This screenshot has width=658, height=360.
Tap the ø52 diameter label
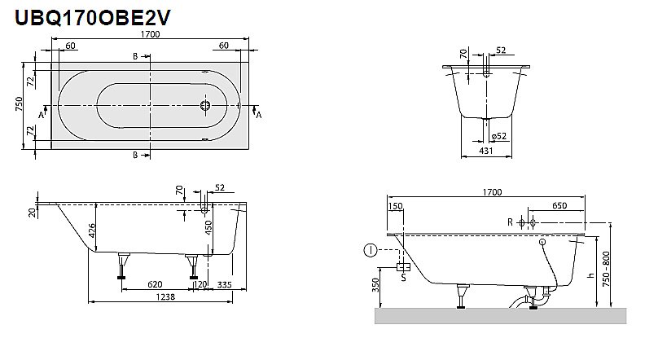point(499,135)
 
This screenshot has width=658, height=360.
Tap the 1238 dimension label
point(167,298)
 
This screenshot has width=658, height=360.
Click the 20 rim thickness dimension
point(31,212)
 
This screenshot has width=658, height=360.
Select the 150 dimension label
point(396,207)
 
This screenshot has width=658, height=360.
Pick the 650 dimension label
point(558,207)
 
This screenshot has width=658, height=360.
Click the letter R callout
point(510,222)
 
